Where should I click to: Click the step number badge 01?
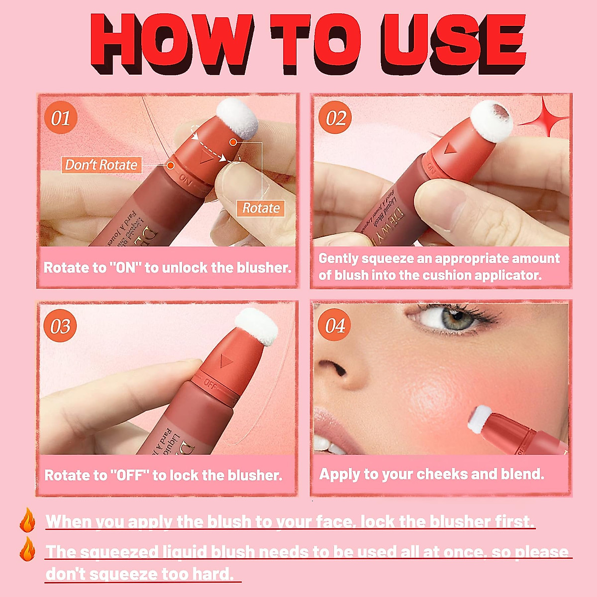pyautogui.click(x=60, y=118)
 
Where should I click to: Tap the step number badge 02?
pyautogui.click(x=335, y=118)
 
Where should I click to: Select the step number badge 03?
pyautogui.click(x=60, y=326)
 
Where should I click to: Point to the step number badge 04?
pyautogui.click(x=335, y=326)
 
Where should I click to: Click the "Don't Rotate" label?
pyautogui.click(x=101, y=165)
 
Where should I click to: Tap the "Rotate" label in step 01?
pyautogui.click(x=261, y=208)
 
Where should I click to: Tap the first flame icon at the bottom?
pyautogui.click(x=27, y=520)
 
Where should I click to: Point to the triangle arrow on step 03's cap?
pyautogui.click(x=226, y=362)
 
